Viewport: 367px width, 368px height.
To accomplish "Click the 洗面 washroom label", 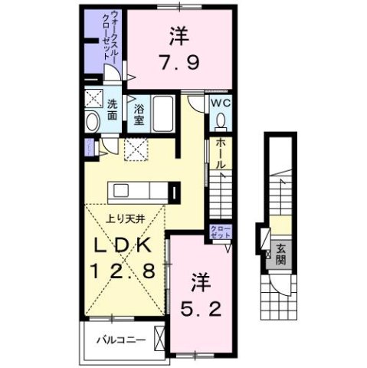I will click(x=112, y=110).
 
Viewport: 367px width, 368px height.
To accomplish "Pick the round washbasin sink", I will click(x=92, y=123).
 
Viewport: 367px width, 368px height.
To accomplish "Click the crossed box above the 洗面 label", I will click(x=97, y=98).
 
